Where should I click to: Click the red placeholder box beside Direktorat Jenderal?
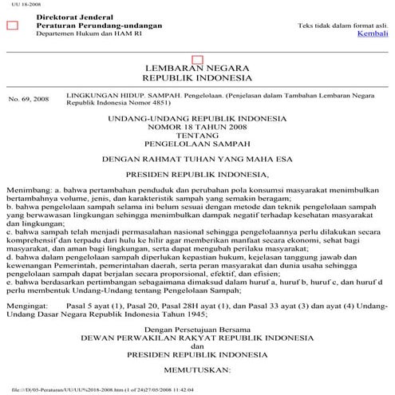click(x=12, y=26)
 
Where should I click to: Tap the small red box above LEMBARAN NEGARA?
click(x=197, y=60)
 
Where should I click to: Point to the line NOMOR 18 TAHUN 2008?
click(x=197, y=128)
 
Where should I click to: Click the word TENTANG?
click(x=197, y=136)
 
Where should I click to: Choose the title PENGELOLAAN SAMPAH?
click(x=197, y=145)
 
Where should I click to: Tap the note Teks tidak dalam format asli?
click(x=344, y=26)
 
